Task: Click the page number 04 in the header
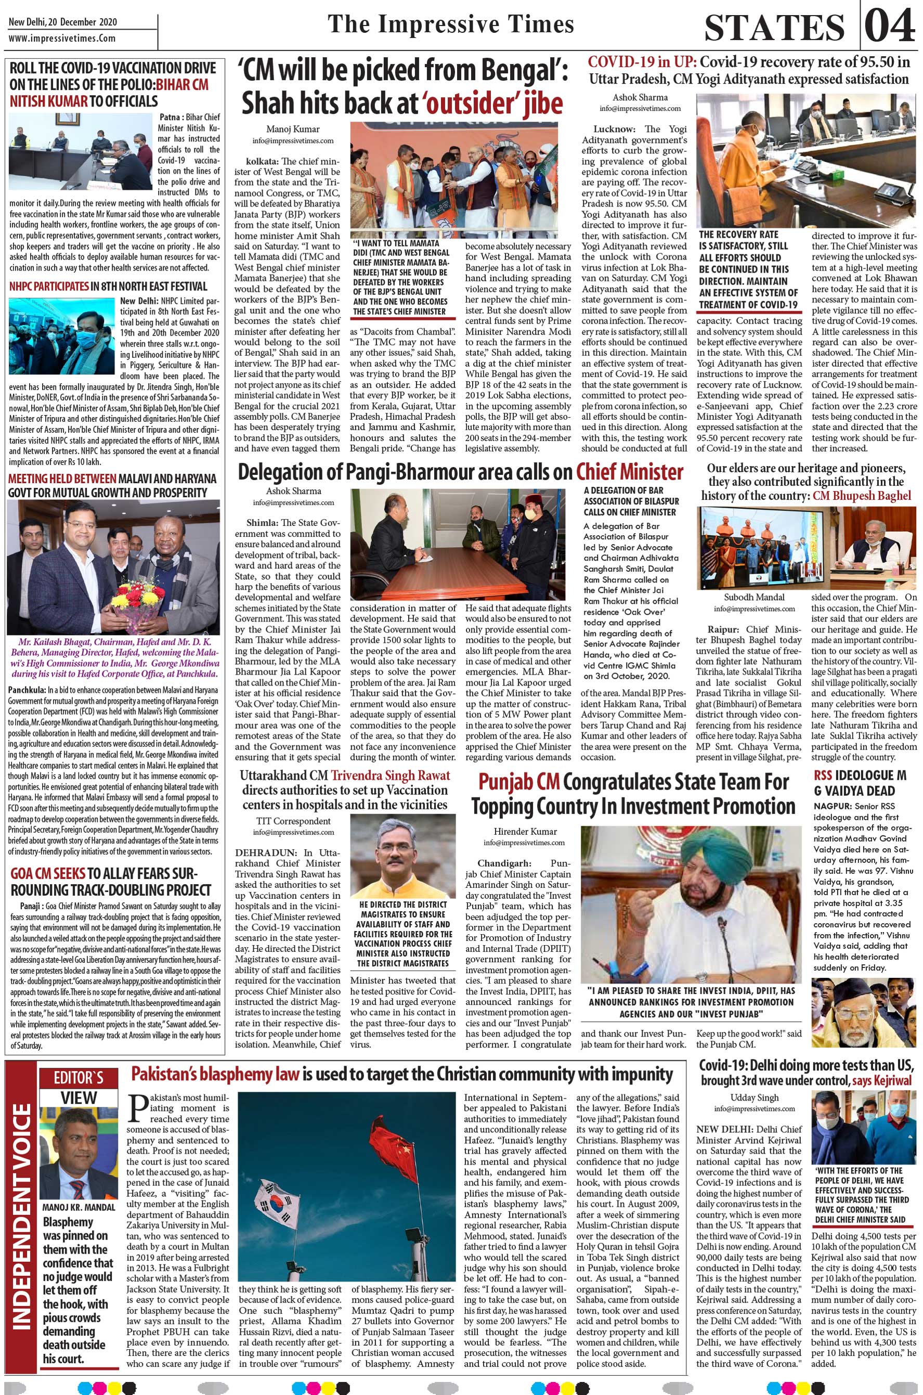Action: coord(891,27)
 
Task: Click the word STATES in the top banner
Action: coord(774,28)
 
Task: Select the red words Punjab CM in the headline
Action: coord(517,783)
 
